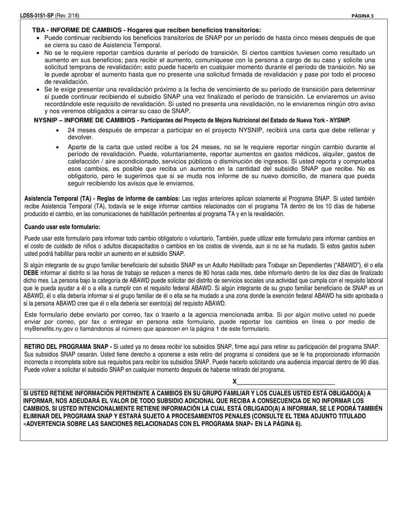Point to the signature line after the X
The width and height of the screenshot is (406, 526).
[286, 382]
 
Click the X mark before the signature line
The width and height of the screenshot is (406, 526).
[235, 381]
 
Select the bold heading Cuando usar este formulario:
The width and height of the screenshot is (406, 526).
[62, 227]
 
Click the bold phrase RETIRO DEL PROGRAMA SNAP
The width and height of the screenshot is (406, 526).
[67, 347]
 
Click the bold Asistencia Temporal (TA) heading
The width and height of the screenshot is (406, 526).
[102, 199]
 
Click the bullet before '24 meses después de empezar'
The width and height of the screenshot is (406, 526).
[58, 130]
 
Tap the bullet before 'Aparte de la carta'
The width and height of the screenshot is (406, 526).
[58, 147]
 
